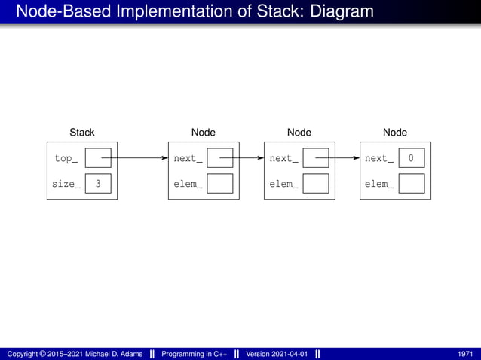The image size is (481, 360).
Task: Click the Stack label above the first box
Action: click(81, 133)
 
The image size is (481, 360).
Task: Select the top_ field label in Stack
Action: click(66, 159)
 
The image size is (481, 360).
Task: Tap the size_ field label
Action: click(66, 184)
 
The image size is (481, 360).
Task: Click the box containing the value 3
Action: click(98, 184)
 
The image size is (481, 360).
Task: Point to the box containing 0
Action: click(411, 159)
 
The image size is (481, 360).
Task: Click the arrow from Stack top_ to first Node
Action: click(139, 159)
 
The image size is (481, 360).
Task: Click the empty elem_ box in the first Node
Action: click(219, 184)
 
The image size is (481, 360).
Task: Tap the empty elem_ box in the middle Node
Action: click(316, 184)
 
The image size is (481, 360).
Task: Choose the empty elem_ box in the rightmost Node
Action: click(411, 184)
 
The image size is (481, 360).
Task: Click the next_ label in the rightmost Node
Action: click(379, 159)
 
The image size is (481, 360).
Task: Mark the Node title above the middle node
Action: click(299, 133)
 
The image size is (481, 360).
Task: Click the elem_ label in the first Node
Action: click(188, 184)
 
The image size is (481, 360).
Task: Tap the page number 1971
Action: click(465, 354)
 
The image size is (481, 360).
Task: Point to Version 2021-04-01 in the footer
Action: click(277, 354)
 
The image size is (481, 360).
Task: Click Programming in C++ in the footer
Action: click(192, 354)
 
